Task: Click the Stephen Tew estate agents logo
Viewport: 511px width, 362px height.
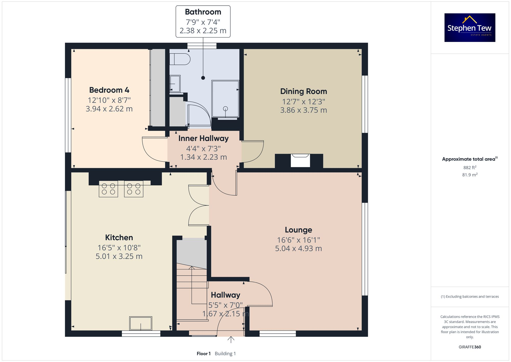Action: tap(470, 28)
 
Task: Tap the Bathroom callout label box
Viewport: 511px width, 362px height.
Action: tap(203, 21)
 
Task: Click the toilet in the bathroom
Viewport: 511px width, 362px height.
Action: tap(180, 59)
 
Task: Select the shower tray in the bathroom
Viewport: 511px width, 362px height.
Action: tap(225, 98)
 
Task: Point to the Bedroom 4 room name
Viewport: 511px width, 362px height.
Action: tap(109, 90)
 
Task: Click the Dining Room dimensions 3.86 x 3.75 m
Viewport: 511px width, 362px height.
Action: tap(304, 110)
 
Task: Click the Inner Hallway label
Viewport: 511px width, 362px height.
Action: tap(203, 138)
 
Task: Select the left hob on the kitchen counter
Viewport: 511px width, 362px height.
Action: tap(108, 189)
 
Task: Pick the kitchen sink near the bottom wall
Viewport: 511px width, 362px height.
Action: tap(141, 323)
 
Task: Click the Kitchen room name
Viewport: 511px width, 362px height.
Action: tap(119, 237)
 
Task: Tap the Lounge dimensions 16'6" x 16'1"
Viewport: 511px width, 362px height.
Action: tap(298, 240)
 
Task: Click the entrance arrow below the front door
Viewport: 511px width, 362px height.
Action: tap(231, 339)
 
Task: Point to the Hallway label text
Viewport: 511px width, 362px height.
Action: tap(225, 295)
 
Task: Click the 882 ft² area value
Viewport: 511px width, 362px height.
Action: tap(470, 168)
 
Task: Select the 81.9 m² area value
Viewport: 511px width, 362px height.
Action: tap(470, 175)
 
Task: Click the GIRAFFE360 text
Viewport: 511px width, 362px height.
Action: tap(470, 347)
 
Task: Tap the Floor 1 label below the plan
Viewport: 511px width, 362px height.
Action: tap(204, 354)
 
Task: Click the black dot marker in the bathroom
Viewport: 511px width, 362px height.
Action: tap(203, 78)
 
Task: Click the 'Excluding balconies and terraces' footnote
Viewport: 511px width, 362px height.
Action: tap(470, 297)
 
